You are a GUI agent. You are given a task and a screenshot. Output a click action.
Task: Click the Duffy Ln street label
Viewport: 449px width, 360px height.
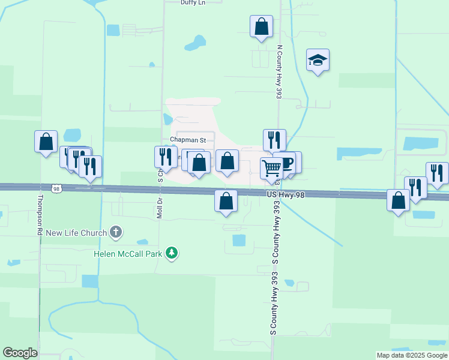(193, 2)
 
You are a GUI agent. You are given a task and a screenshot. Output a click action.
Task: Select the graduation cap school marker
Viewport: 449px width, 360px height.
(318, 61)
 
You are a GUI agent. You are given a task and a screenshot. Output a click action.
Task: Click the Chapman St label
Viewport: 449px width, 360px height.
(188, 140)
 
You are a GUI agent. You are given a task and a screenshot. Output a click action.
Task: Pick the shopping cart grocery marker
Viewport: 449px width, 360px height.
(271, 169)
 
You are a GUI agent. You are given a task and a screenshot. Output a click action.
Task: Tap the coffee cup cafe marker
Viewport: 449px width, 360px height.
(286, 163)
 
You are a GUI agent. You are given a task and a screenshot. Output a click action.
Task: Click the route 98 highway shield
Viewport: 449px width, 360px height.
(56, 188)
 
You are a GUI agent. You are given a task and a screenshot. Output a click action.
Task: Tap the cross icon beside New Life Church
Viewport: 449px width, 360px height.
(116, 232)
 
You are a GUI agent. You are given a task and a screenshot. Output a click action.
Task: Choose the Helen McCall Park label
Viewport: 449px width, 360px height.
(128, 253)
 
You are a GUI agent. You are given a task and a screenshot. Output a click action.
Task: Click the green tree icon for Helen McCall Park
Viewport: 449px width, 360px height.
(172, 253)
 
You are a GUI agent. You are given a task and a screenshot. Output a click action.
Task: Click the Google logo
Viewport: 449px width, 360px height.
(20, 353)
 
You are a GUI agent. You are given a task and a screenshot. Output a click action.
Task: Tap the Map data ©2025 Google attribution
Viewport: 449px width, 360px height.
(411, 355)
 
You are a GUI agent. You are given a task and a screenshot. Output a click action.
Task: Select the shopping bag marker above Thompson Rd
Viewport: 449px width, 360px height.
(46, 142)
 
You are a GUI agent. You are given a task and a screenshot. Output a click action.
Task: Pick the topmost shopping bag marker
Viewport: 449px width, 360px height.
(261, 26)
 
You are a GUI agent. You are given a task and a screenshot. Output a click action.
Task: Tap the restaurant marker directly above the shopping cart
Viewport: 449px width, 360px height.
(274, 140)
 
